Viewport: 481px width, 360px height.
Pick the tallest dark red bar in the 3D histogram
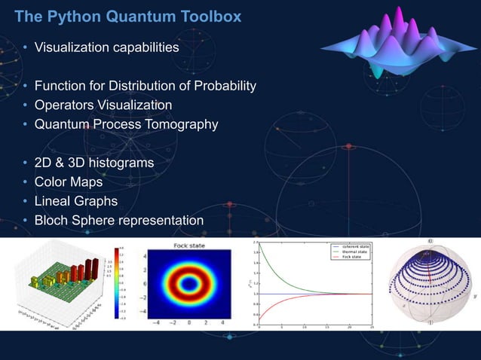click(91, 264)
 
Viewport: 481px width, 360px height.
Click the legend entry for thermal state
click(348, 252)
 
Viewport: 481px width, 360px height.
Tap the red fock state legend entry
click(346, 258)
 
